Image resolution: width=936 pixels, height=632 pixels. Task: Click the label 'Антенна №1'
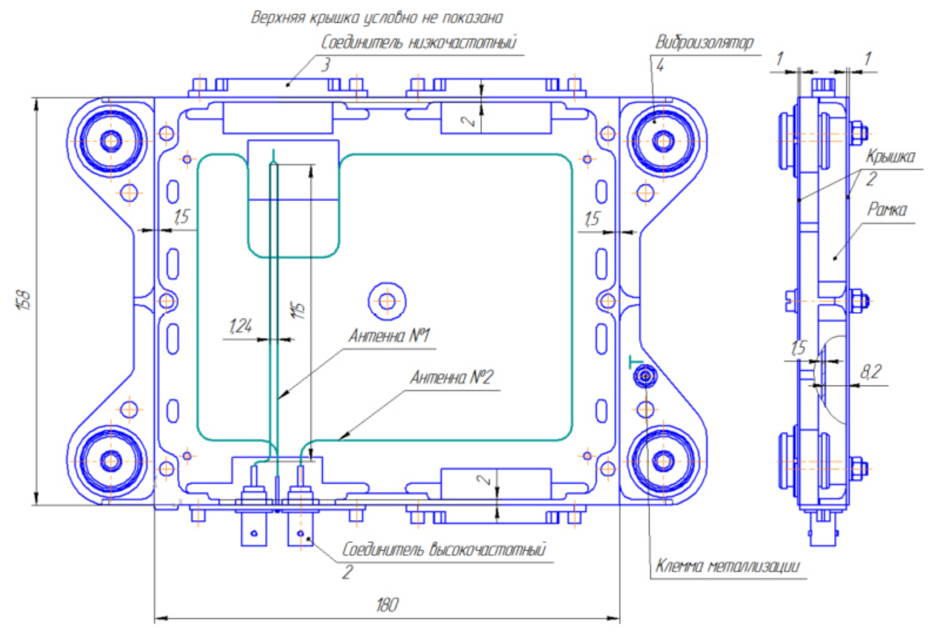[x=389, y=336]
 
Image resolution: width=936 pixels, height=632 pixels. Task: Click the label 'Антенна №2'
[x=451, y=378]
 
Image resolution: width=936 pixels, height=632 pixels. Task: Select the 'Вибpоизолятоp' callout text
[x=704, y=42]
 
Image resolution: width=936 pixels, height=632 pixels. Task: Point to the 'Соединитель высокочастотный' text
[x=444, y=549]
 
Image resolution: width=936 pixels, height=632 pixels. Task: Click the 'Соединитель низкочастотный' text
[x=419, y=42]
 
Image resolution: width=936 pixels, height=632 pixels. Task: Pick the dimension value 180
[x=387, y=605]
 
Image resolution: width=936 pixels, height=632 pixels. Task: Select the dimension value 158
[x=25, y=299]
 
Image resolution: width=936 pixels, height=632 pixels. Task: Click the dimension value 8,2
[x=870, y=372]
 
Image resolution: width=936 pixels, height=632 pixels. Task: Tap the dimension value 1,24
[x=241, y=326]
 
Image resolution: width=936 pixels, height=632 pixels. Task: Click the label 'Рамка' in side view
[x=886, y=210]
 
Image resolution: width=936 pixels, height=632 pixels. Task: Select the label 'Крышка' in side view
[x=890, y=157]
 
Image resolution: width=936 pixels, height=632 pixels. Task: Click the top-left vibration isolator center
[x=111, y=141]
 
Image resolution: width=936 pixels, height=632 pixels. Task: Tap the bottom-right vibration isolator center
[x=663, y=460]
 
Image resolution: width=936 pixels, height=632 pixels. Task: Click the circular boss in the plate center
[x=387, y=302]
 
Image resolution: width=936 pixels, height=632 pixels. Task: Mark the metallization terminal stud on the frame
[x=645, y=377]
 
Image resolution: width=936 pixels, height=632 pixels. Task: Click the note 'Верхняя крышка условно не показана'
[x=377, y=18]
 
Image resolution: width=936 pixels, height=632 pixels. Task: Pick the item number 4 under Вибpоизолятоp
[x=660, y=66]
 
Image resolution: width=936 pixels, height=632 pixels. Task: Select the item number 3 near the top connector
[x=325, y=65]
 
